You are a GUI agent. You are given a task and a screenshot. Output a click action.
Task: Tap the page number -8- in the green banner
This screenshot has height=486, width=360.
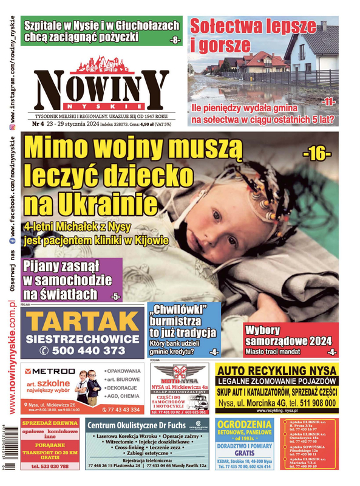point(175,40)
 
